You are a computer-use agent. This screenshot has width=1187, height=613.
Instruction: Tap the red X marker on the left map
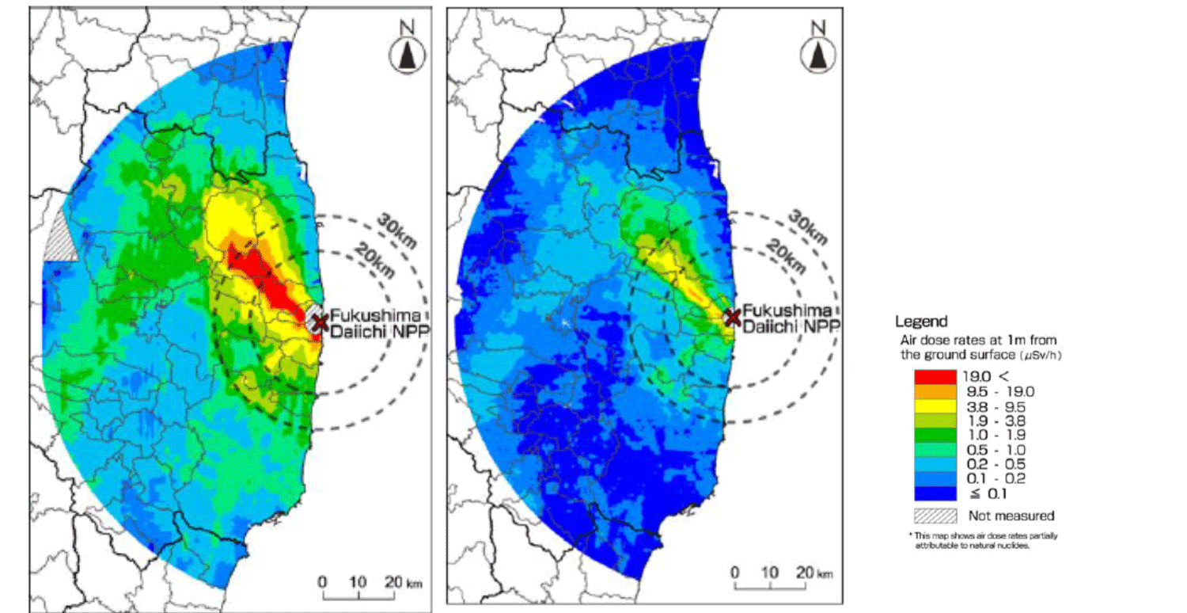pos(320,322)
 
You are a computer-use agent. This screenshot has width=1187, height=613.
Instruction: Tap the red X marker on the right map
pos(733,318)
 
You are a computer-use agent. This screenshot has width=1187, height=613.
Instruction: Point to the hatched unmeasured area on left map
pos(60,237)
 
